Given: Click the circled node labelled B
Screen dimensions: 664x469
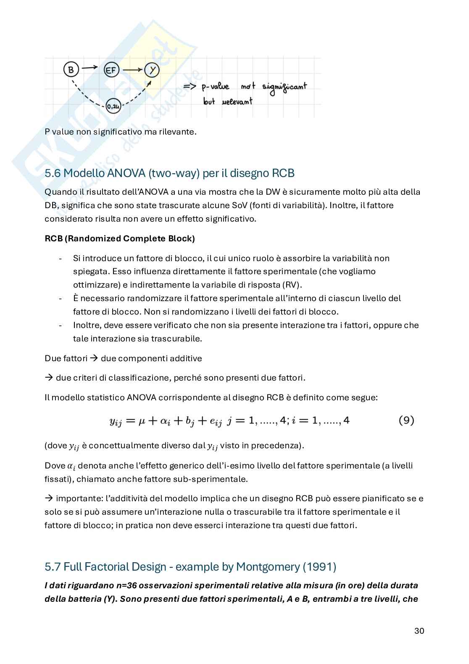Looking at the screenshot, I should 71,69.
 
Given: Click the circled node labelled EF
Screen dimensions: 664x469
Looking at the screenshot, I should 111,70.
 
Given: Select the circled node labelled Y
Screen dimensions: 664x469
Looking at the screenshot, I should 152,70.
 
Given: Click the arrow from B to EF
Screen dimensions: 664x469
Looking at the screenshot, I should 90,67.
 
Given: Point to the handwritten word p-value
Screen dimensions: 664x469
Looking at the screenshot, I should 215,87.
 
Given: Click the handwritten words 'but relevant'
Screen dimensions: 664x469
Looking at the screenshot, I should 227,101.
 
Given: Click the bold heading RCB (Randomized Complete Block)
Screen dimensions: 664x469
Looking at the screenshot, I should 119,238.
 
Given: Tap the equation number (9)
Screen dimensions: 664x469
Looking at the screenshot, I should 406,420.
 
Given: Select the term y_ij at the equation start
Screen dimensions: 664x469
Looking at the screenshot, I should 115,421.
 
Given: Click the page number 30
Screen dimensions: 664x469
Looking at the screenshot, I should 419,631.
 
